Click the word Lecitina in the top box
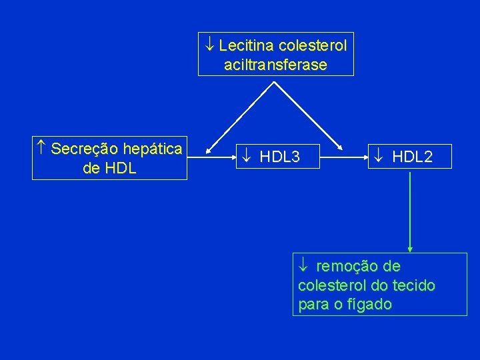pyautogui.click(x=246, y=46)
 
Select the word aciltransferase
pyautogui.click(x=276, y=65)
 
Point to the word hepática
pyautogui.click(x=151, y=149)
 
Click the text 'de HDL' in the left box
pyautogui.click(x=109, y=168)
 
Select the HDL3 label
pyautogui.click(x=279, y=157)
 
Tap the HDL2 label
pyautogui.click(x=412, y=157)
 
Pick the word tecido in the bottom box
pyautogui.click(x=414, y=286)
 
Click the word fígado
pyautogui.click(x=365, y=305)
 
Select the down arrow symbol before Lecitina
pyautogui.click(x=209, y=46)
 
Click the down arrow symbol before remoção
pyautogui.click(x=303, y=267)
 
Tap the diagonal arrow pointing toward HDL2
pyautogui.click(x=310, y=115)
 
